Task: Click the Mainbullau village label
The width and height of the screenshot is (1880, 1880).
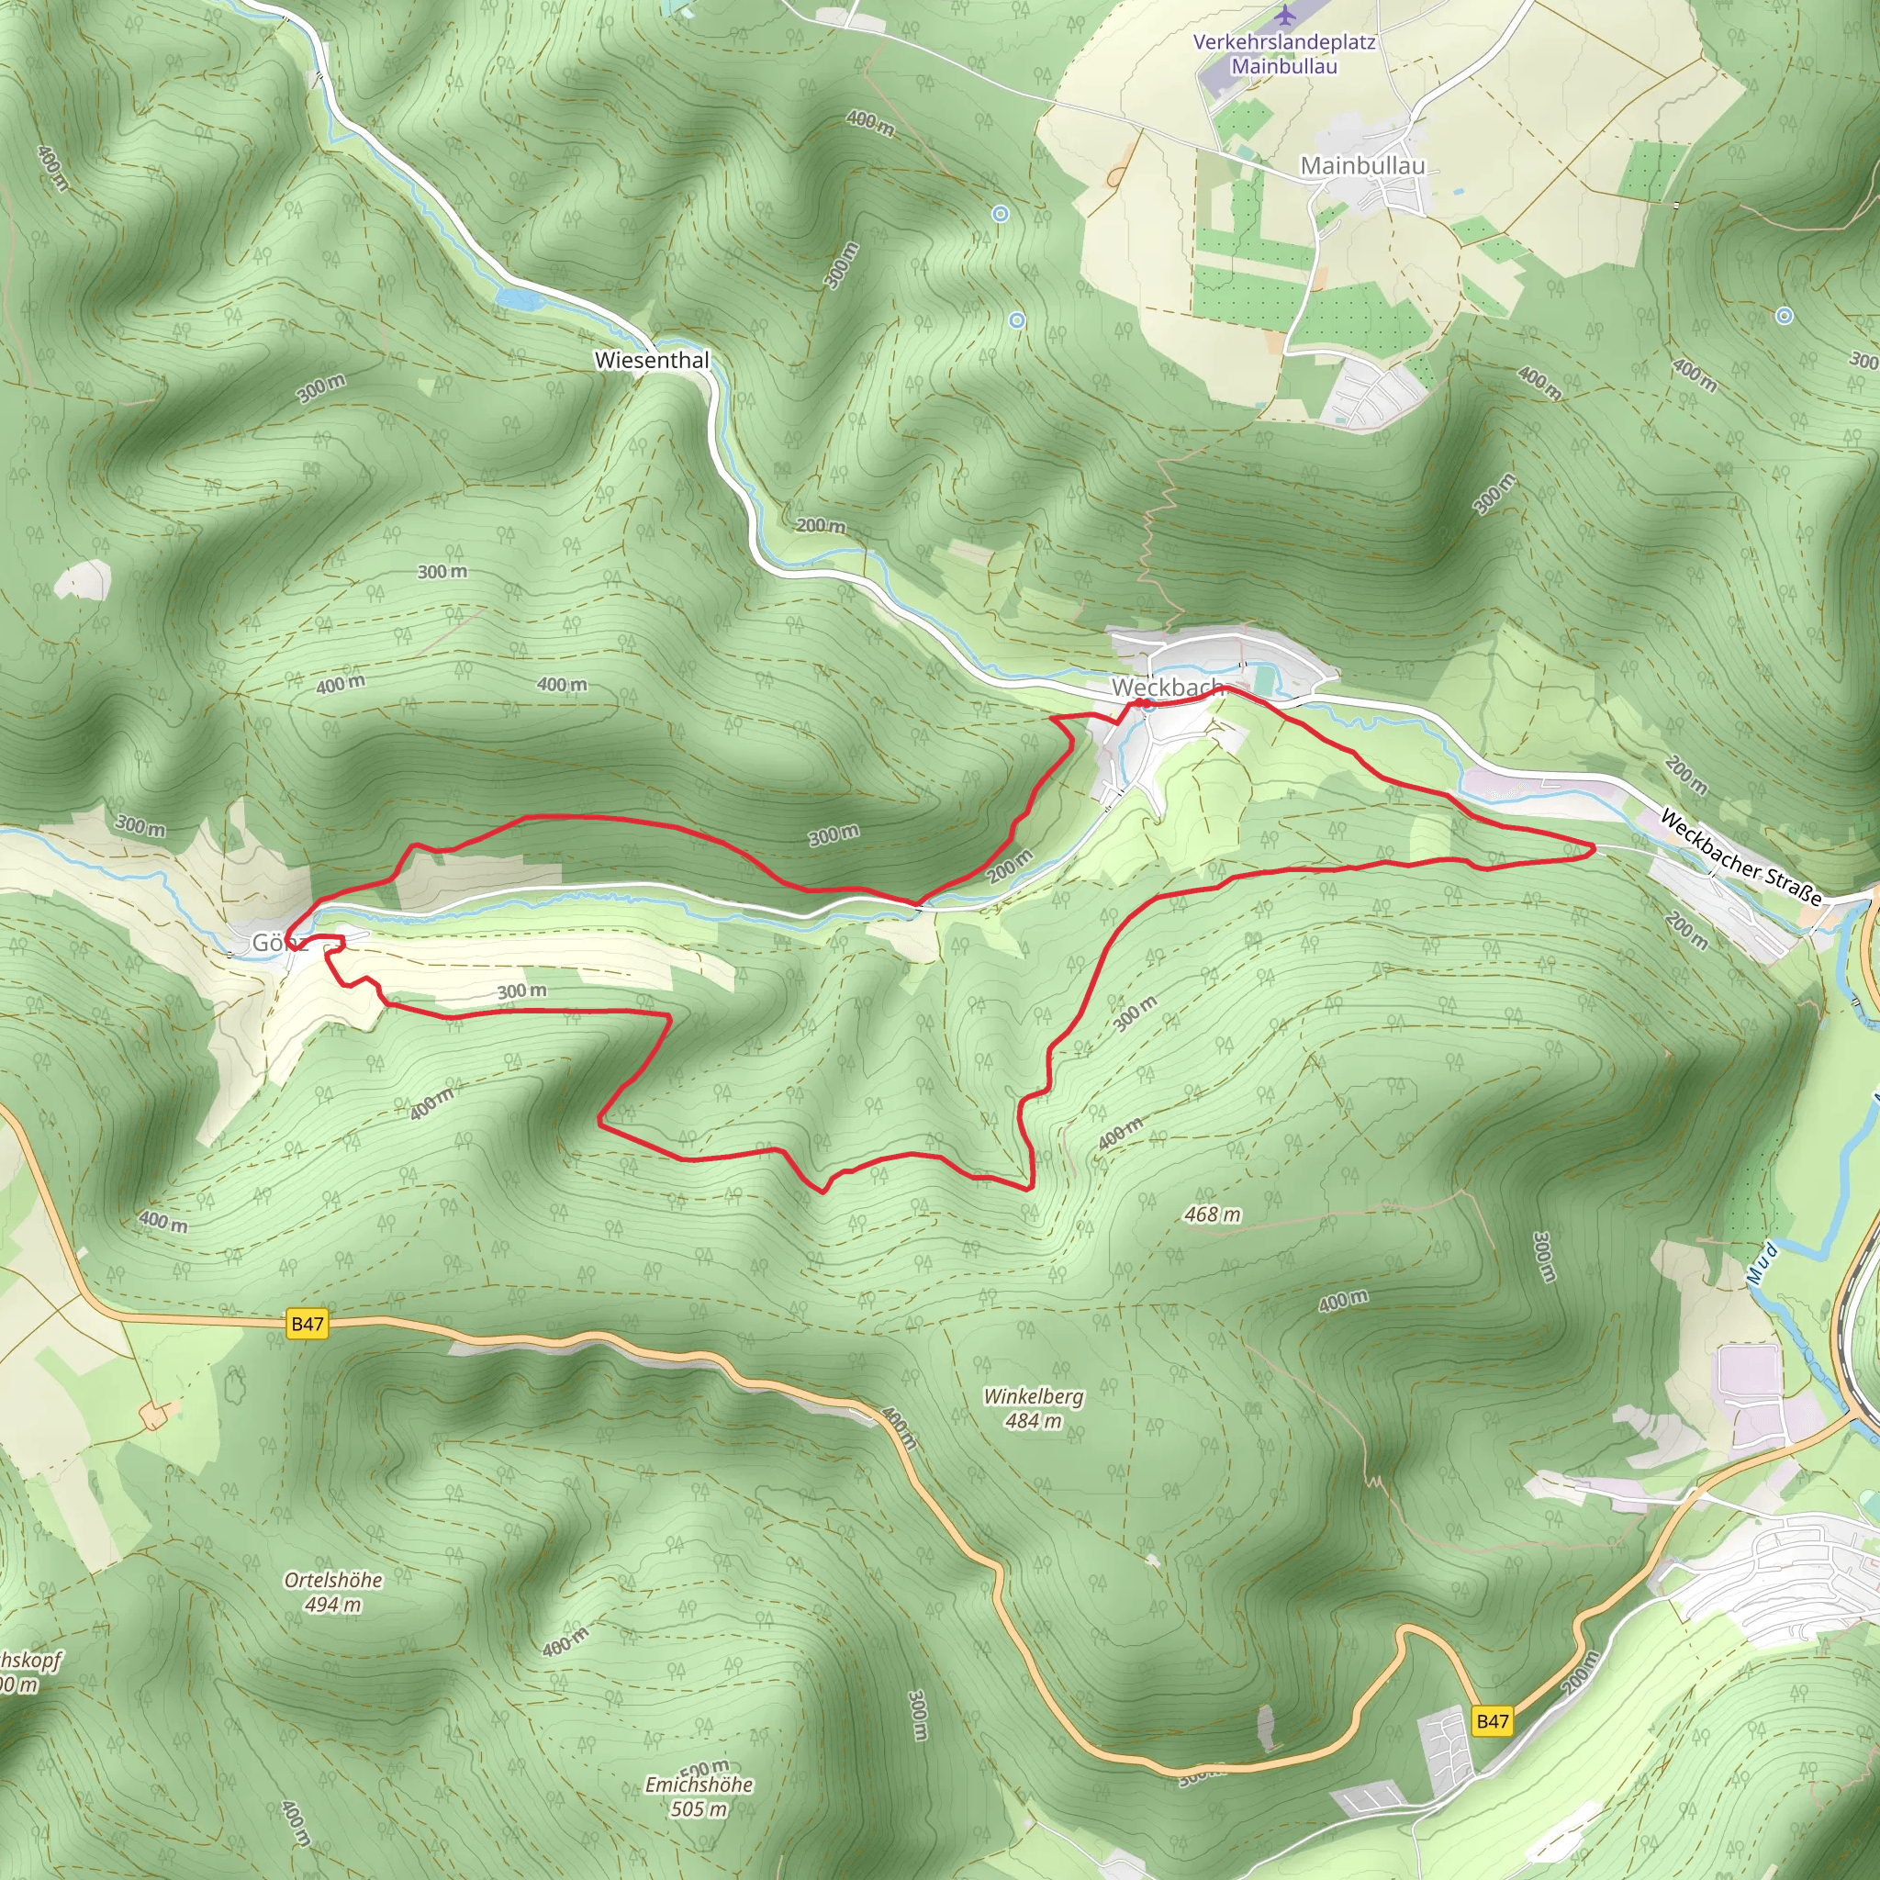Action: [x=1362, y=166]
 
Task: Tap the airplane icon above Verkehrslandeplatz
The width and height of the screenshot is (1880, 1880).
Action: [x=1285, y=16]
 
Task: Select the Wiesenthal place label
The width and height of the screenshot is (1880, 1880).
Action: [x=652, y=360]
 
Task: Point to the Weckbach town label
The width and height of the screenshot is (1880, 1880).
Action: [x=1167, y=687]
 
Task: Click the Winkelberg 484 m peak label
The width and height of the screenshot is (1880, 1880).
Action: [x=1034, y=1408]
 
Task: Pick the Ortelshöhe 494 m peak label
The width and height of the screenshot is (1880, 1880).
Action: [x=333, y=1592]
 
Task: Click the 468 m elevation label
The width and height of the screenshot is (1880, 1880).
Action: [x=1213, y=1214]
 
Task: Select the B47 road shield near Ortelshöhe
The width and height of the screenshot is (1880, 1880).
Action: [x=308, y=1324]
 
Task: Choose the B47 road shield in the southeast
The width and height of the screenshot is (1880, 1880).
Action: [x=1492, y=1721]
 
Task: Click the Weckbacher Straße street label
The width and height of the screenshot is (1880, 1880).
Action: [x=1740, y=857]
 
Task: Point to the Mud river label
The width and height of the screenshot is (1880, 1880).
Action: [x=1762, y=1262]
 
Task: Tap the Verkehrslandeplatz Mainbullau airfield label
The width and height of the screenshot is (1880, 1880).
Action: [x=1284, y=54]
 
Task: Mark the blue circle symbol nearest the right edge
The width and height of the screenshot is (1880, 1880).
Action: [x=1785, y=315]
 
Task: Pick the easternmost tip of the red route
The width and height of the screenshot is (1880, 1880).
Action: [x=1594, y=849]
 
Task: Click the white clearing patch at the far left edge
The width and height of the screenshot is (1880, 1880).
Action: [x=84, y=581]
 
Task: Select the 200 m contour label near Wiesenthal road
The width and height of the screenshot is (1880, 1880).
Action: [x=821, y=525]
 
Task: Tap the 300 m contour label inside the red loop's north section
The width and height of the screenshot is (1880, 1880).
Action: [x=834, y=834]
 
